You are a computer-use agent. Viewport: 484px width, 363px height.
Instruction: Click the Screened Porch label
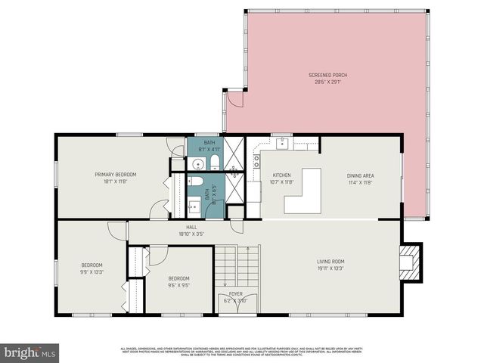pyautogui.click(x=327, y=75)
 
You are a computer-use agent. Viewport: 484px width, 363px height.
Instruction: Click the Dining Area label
pyautogui.click(x=361, y=175)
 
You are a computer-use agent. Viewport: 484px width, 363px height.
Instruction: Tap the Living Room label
pyautogui.click(x=330, y=262)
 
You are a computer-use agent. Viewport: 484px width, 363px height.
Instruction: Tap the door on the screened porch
pyautogui.click(x=236, y=99)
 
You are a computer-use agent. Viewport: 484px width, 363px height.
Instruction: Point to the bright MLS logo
pyautogui.click(x=29, y=352)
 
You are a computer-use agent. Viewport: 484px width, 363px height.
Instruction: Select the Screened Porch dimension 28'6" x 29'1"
pyautogui.click(x=327, y=81)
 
